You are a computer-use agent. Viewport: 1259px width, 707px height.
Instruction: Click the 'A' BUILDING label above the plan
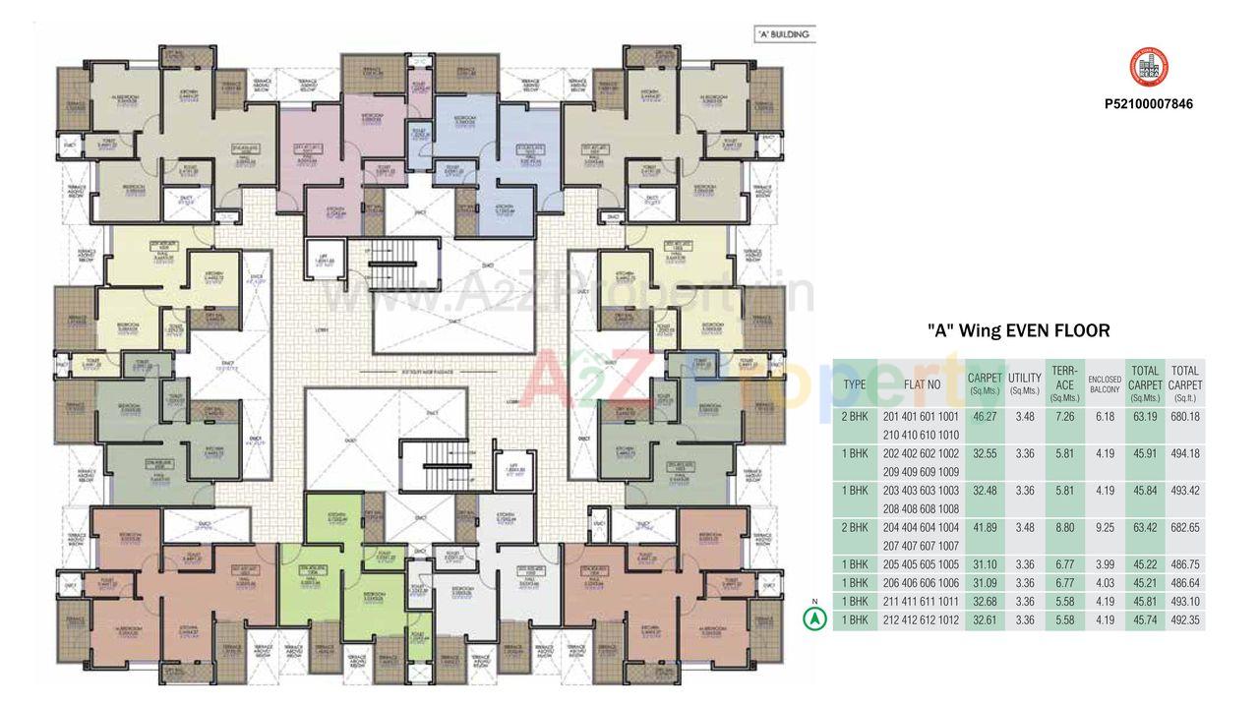click(x=783, y=34)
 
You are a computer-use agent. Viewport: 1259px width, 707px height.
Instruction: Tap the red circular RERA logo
click(x=1148, y=68)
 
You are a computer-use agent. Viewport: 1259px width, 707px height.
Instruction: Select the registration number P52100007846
click(x=1148, y=103)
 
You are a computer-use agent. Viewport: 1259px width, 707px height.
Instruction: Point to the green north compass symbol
click(x=813, y=619)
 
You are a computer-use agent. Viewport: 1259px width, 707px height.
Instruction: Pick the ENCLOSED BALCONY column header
click(x=1105, y=384)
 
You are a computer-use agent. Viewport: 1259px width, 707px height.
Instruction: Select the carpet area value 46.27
click(x=985, y=417)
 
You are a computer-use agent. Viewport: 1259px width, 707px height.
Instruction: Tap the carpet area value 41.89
click(x=985, y=527)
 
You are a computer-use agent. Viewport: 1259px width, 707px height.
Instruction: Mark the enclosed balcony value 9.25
click(x=1105, y=527)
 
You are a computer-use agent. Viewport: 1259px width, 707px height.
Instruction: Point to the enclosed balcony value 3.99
click(x=1105, y=564)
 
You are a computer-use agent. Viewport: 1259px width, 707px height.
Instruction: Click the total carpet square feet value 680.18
click(x=1185, y=417)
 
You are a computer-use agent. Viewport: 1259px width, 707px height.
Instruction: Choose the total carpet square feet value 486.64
click(x=1185, y=583)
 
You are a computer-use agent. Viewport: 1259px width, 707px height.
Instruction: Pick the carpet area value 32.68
click(x=985, y=602)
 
